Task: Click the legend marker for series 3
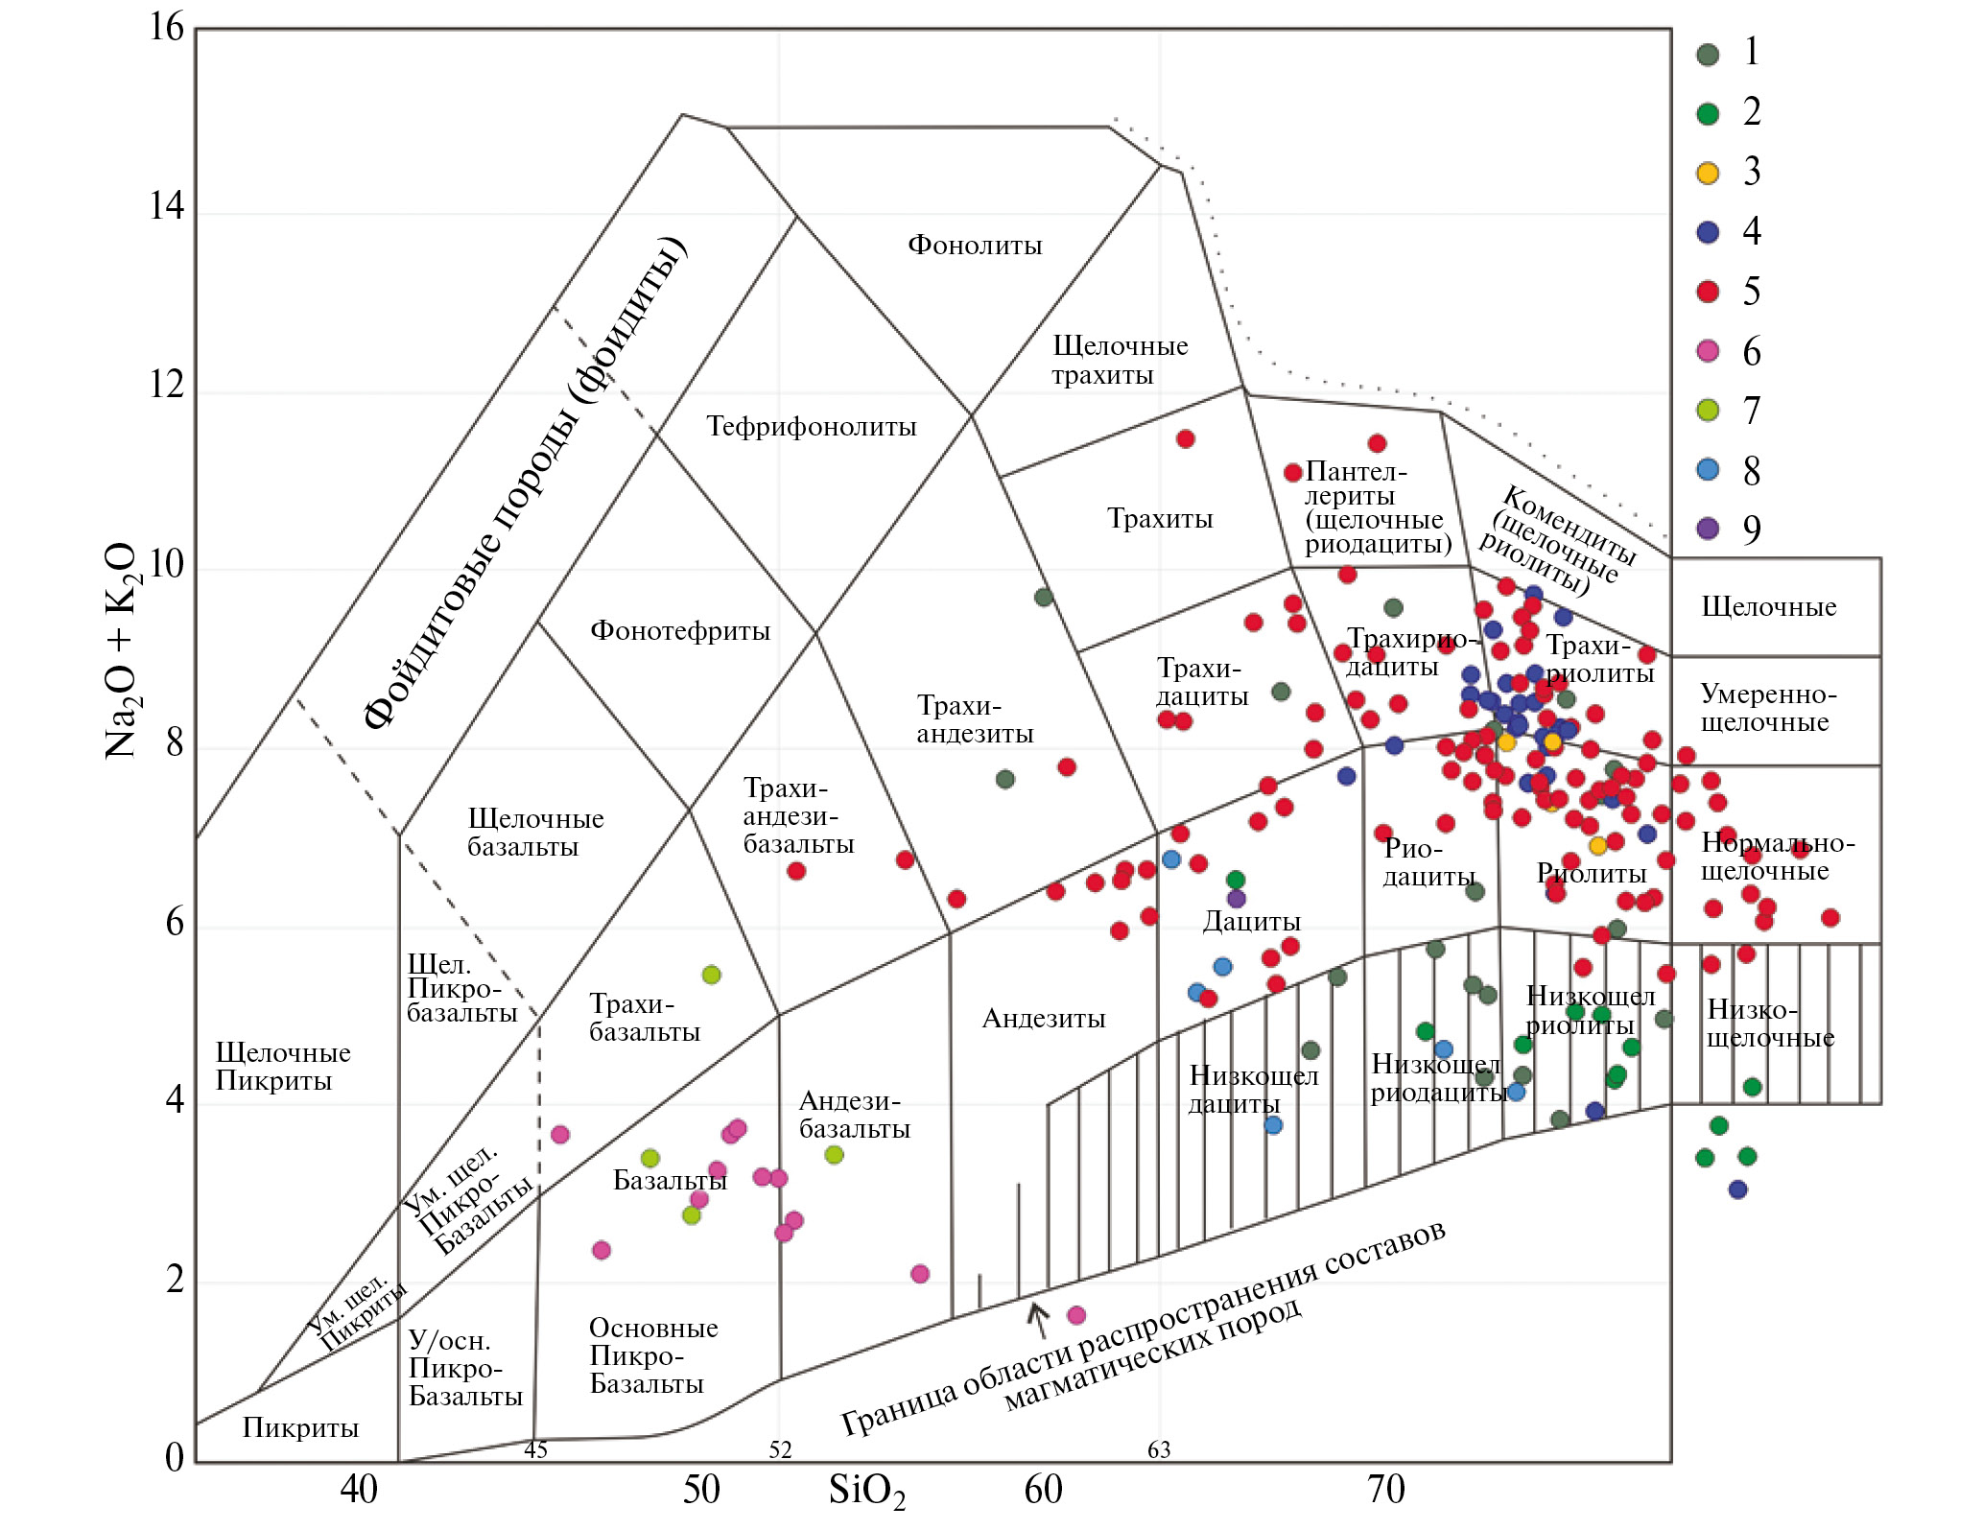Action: [x=1708, y=173]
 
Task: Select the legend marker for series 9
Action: [x=1708, y=529]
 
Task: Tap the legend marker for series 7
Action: [x=1708, y=411]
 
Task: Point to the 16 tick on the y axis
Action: [x=166, y=28]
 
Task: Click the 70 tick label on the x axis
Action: [x=1385, y=1490]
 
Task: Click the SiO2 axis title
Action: [x=866, y=1492]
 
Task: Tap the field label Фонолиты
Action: [x=975, y=246]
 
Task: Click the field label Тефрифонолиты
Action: [x=812, y=427]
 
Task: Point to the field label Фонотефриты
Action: [x=680, y=631]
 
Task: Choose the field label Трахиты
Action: [x=1160, y=519]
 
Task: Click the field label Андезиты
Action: [x=1044, y=1019]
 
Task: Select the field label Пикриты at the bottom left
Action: [x=300, y=1428]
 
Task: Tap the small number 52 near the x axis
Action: [x=780, y=1449]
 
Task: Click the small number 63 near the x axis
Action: [x=1159, y=1449]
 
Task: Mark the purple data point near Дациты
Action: [x=1237, y=899]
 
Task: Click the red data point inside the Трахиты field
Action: [x=1186, y=439]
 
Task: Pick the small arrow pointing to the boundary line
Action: [x=1037, y=1318]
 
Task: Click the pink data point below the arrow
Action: [x=1076, y=1315]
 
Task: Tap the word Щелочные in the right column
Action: [x=1768, y=607]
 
